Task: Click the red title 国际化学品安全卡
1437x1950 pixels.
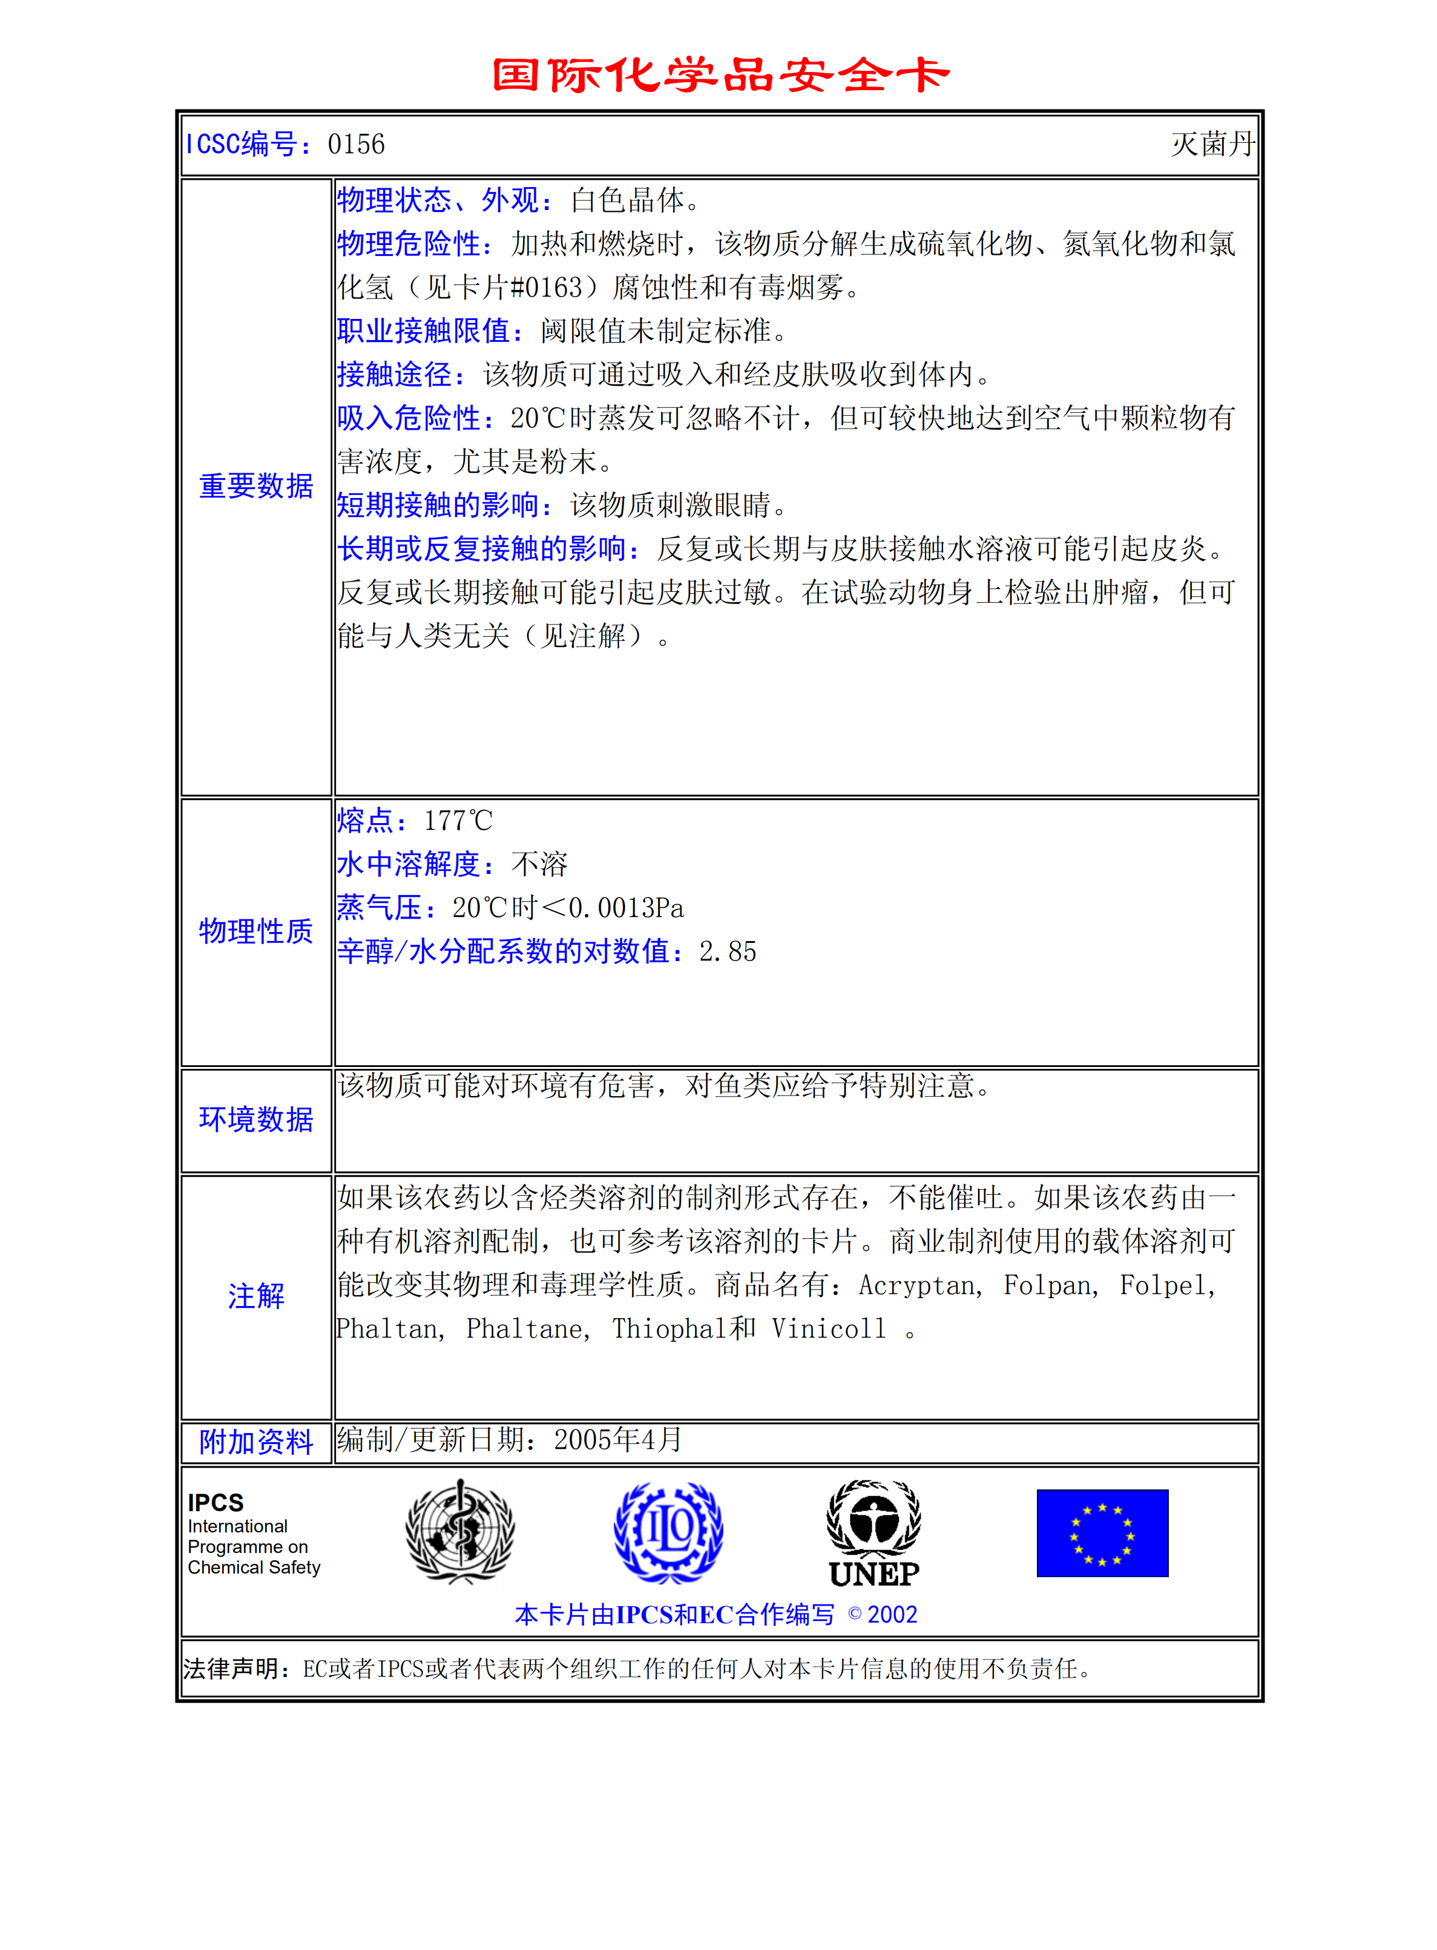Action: (720, 75)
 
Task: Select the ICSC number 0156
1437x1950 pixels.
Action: (356, 145)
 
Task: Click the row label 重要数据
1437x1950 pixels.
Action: (255, 486)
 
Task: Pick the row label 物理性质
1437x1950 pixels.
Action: (255, 931)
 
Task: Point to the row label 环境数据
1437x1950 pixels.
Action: (255, 1120)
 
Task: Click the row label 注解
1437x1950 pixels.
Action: (255, 1296)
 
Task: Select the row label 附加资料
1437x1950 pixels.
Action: (255, 1442)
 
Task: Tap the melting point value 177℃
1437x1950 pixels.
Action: (458, 820)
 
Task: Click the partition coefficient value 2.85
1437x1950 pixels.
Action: (727, 951)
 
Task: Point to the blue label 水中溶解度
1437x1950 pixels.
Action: (409, 864)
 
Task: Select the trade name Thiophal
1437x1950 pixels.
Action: (668, 1329)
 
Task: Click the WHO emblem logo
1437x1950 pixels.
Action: (460, 1532)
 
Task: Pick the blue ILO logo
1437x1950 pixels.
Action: (668, 1532)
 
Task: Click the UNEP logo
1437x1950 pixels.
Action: (873, 1534)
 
